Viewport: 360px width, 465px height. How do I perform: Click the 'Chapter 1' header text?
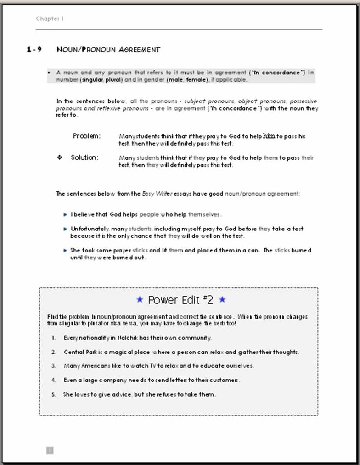click(50, 19)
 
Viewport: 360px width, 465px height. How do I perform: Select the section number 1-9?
click(34, 50)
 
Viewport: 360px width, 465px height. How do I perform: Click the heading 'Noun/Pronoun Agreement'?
click(108, 50)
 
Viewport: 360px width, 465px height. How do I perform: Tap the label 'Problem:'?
click(87, 136)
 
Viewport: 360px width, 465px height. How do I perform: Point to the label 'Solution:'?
click(84, 157)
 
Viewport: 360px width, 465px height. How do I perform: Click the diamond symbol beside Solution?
click(59, 157)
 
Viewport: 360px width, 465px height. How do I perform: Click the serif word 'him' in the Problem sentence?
click(269, 136)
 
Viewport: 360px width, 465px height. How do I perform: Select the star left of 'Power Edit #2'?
click(140, 300)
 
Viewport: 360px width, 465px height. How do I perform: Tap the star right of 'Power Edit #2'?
click(222, 300)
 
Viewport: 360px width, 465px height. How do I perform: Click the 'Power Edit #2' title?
click(181, 300)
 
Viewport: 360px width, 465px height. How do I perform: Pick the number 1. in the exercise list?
click(54, 338)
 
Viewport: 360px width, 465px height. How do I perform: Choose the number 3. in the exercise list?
click(54, 366)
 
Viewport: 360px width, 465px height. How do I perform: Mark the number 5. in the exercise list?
click(54, 394)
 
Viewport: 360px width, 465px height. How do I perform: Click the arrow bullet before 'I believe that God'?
click(66, 214)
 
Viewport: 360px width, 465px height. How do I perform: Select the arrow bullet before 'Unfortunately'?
click(66, 229)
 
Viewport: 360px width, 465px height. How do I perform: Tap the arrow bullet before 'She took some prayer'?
click(66, 251)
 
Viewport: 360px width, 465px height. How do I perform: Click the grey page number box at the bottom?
click(50, 450)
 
